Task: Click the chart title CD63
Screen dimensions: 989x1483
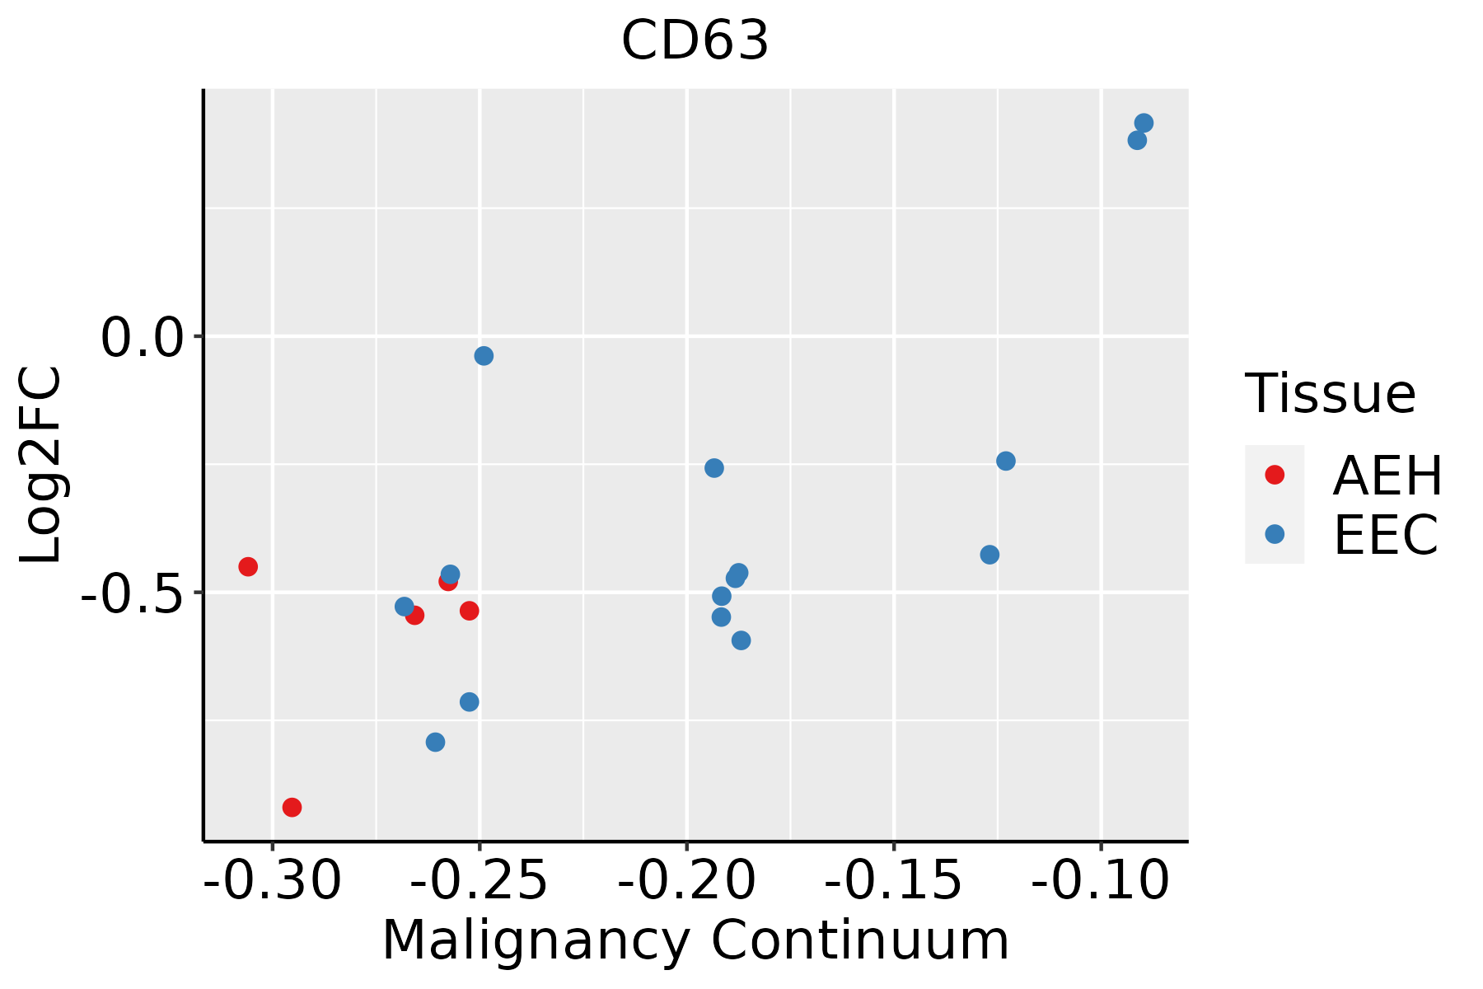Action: click(695, 41)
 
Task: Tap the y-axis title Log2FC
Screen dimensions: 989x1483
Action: click(41, 466)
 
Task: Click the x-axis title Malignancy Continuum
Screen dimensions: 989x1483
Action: click(695, 941)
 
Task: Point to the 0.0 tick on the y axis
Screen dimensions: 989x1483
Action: click(140, 338)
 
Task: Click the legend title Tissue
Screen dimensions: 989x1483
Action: click(1330, 394)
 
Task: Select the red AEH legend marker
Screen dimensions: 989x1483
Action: click(1275, 475)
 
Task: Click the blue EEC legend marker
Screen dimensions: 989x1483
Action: click(1275, 534)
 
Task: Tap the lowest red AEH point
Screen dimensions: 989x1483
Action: click(292, 807)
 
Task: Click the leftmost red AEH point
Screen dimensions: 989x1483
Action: click(248, 566)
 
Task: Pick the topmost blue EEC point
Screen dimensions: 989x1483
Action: click(1144, 123)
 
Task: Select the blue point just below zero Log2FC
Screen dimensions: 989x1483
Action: click(484, 356)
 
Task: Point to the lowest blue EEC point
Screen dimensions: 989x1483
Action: click(436, 743)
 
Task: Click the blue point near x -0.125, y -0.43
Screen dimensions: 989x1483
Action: click(989, 555)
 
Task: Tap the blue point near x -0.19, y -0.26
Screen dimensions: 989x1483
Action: click(714, 468)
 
